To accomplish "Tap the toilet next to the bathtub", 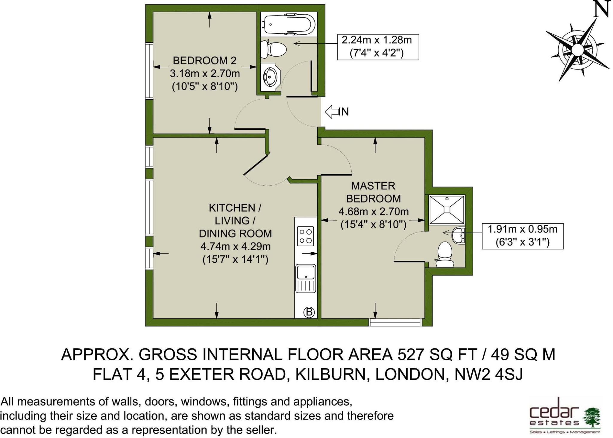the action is click(273, 50).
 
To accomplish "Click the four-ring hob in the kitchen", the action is click(306, 236).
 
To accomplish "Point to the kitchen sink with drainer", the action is click(306, 279).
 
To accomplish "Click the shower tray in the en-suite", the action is click(447, 209).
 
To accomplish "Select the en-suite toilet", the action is click(444, 254).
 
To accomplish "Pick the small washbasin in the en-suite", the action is click(458, 235).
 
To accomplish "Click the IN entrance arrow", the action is click(337, 112).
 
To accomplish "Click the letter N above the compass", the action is click(601, 9).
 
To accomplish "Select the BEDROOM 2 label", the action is click(205, 61).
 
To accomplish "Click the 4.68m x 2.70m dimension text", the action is click(374, 212).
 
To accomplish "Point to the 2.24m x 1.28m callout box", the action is click(378, 47).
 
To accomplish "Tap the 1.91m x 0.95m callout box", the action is click(523, 236).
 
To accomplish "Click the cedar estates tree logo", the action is click(591, 416).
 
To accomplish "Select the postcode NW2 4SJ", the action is click(488, 374).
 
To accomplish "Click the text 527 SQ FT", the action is click(437, 355).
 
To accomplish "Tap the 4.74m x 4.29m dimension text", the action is click(236, 247).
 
